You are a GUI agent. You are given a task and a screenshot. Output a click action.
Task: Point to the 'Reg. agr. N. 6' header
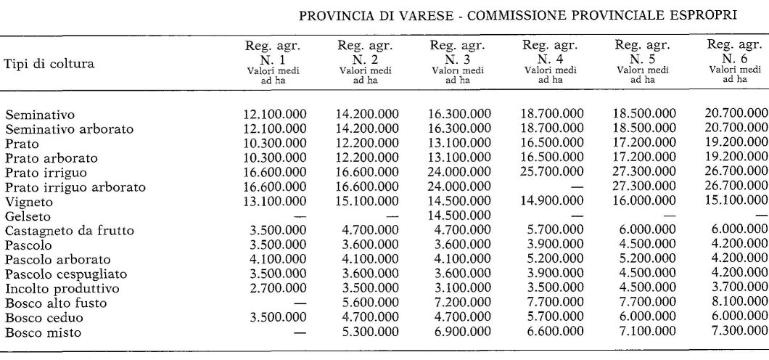[x=736, y=62]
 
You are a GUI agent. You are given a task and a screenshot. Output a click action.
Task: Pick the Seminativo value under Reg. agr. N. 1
[x=275, y=114]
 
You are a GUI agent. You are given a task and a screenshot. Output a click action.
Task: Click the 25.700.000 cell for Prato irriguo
[x=552, y=172]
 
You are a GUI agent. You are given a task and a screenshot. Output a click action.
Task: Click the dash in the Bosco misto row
[x=297, y=333]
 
